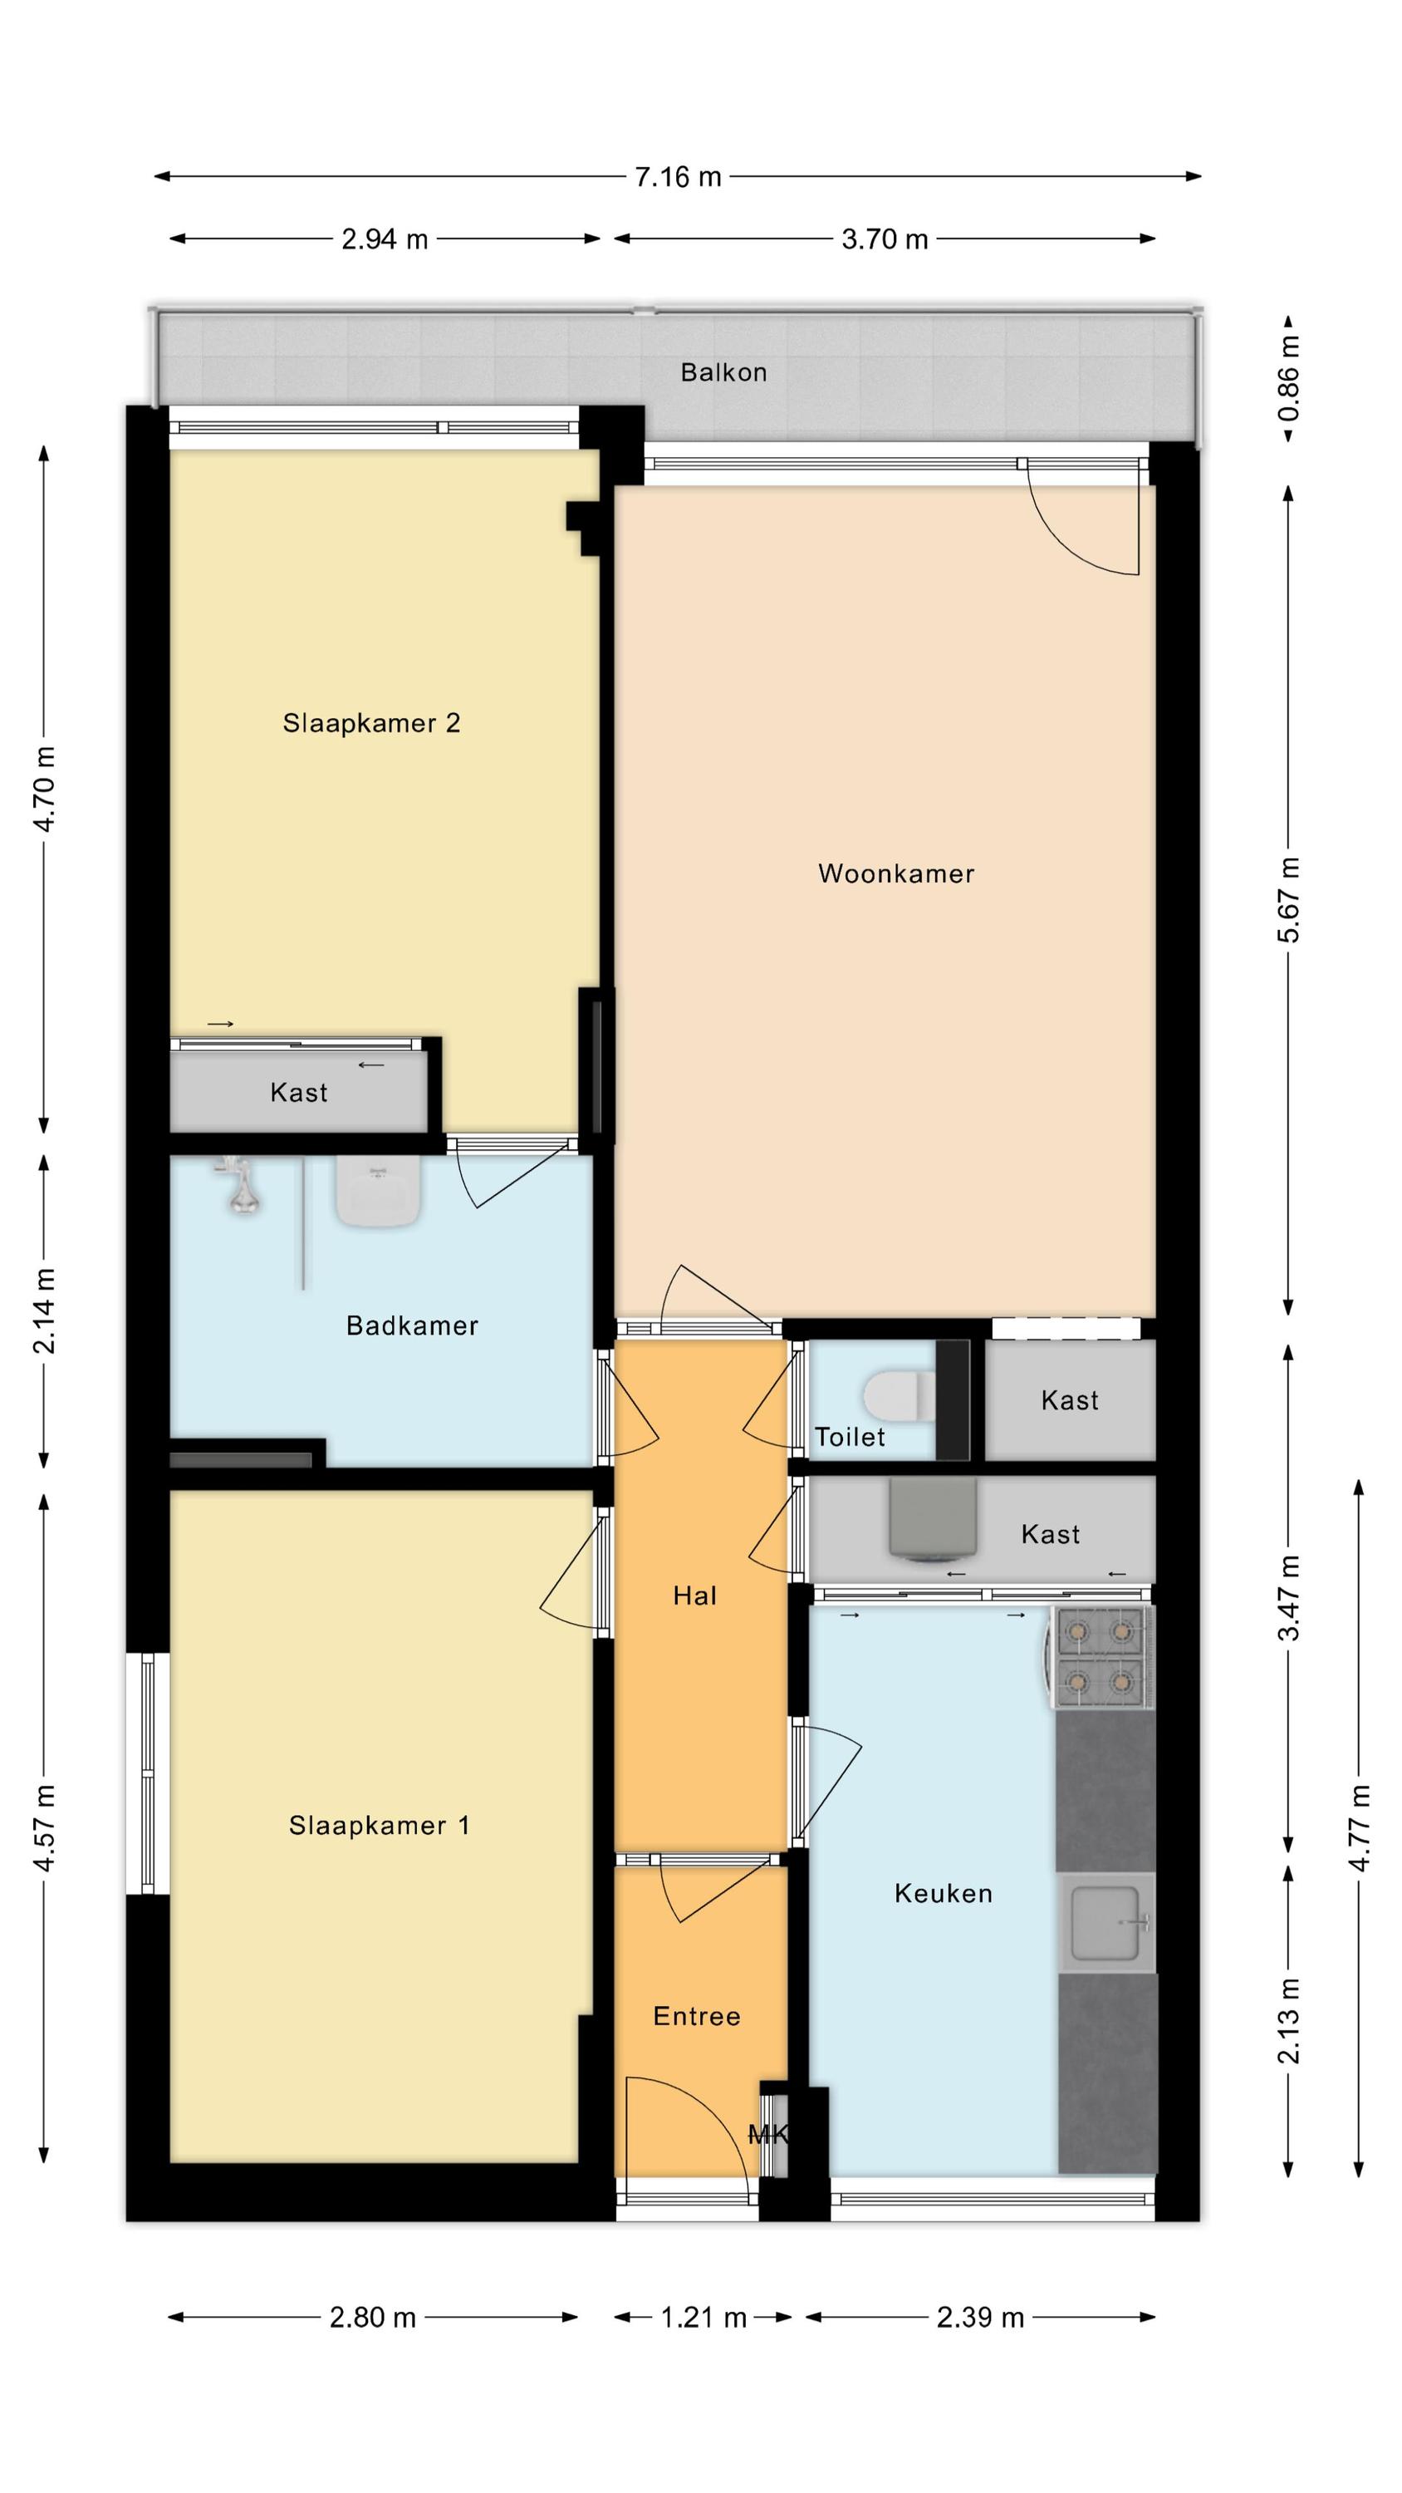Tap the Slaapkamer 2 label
[371, 723]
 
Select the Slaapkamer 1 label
[380, 1825]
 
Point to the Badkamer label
[412, 1325]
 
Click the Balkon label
[723, 372]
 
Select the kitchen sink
[1108, 1922]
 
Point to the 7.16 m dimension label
[679, 177]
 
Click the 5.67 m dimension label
[1289, 900]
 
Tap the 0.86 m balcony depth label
[1289, 377]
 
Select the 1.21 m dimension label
[703, 2318]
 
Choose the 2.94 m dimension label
[384, 239]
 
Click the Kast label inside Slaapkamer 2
[299, 1093]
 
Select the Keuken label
[944, 1893]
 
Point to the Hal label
[694, 1596]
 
